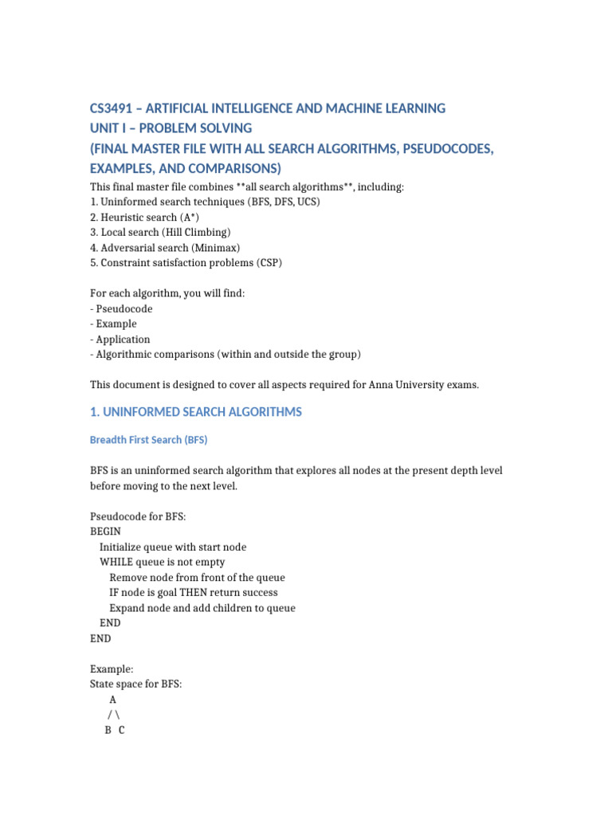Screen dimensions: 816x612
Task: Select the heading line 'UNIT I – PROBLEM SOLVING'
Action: pyautogui.click(x=171, y=128)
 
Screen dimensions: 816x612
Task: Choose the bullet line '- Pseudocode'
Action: pyautogui.click(x=121, y=308)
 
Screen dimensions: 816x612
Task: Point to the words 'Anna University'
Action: pyautogui.click(x=406, y=385)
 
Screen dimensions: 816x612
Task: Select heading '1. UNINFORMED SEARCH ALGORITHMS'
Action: pyautogui.click(x=196, y=412)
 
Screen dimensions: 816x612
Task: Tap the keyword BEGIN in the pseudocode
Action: pyautogui.click(x=106, y=532)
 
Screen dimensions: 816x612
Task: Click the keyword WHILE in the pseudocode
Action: pyautogui.click(x=116, y=562)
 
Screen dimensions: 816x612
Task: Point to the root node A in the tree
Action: pyautogui.click(x=112, y=700)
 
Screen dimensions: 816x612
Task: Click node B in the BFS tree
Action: pyautogui.click(x=108, y=730)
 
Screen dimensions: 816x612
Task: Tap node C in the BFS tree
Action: pyautogui.click(x=121, y=730)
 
